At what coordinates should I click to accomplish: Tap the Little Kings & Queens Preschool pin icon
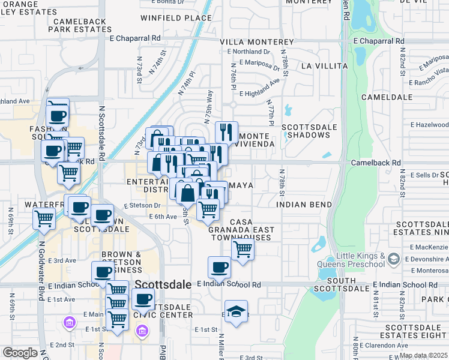click(394, 259)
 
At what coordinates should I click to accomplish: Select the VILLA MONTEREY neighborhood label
click(256, 42)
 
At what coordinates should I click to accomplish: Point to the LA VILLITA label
click(324, 65)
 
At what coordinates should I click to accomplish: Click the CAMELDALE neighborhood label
click(388, 97)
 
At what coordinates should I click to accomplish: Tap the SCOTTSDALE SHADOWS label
click(306, 131)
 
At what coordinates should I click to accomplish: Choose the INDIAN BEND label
click(304, 205)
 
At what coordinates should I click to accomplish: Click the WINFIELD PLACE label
click(176, 18)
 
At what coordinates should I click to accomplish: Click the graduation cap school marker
click(235, 311)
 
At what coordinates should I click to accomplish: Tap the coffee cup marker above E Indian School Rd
click(220, 268)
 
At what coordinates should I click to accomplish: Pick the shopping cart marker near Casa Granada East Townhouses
click(243, 248)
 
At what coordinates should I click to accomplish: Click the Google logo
click(20, 353)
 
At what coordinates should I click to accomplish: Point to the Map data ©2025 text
click(423, 355)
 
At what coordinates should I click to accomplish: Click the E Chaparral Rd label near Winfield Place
click(135, 38)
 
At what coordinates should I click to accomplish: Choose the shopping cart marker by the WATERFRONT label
click(44, 219)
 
